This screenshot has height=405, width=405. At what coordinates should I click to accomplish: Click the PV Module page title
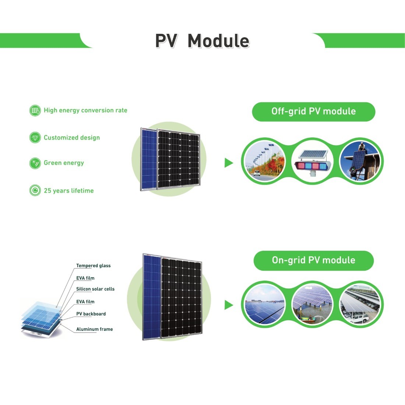(202, 41)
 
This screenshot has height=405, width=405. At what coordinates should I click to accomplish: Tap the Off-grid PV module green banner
(314, 112)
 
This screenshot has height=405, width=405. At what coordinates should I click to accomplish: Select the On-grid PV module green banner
(314, 260)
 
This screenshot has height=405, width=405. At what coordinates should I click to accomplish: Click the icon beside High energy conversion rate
(35, 110)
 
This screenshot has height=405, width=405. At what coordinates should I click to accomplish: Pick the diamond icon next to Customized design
(35, 138)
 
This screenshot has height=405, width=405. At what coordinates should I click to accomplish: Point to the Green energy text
(64, 163)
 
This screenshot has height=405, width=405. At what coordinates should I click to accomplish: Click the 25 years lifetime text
(69, 191)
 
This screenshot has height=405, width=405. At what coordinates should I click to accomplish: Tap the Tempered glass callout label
(93, 265)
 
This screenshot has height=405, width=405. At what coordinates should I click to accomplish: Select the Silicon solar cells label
(95, 289)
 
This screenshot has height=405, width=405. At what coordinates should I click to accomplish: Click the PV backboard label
(91, 314)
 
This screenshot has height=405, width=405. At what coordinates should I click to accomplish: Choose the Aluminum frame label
(95, 329)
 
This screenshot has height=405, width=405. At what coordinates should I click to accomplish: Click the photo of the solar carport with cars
(361, 304)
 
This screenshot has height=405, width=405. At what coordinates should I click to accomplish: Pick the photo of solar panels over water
(313, 304)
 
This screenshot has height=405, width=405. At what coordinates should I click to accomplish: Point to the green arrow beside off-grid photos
(229, 163)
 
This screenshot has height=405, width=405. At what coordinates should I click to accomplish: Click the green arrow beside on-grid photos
(229, 305)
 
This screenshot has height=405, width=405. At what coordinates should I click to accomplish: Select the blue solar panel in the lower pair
(152, 296)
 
